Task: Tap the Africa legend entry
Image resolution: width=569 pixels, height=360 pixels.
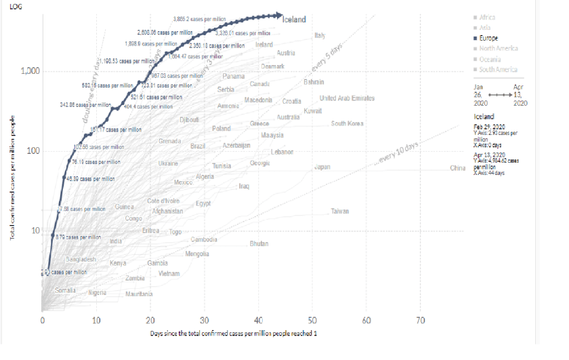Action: tap(487, 17)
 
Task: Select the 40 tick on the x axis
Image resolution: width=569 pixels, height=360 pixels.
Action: tap(258, 320)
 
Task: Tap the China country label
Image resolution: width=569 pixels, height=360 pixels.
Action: tap(459, 168)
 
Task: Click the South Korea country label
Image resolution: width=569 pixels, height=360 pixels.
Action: tap(347, 123)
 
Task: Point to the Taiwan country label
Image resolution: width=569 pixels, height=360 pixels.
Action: tap(340, 212)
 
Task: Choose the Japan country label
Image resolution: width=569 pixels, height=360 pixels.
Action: tap(322, 167)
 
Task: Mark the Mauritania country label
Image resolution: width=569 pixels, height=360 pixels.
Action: tap(139, 294)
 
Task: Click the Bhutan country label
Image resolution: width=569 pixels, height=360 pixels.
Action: tap(259, 243)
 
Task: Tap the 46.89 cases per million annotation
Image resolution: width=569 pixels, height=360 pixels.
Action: tap(95, 179)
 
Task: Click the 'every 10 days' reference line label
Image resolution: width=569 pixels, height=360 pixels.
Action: tap(399, 153)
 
